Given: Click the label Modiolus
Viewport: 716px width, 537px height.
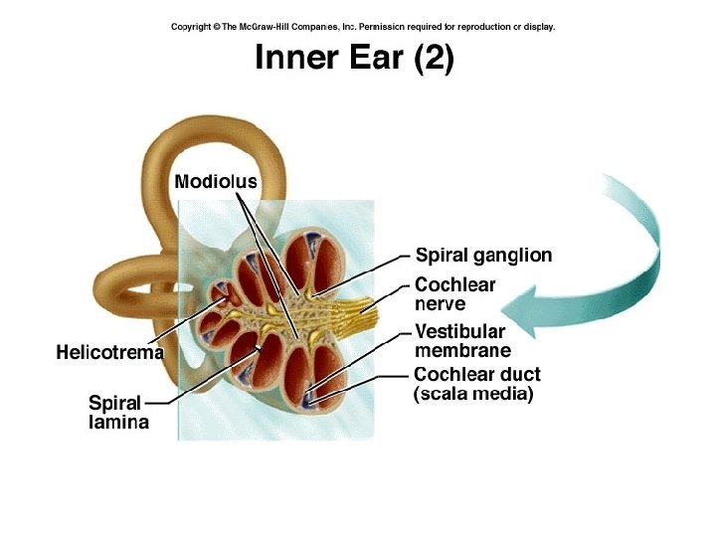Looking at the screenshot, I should [x=216, y=182].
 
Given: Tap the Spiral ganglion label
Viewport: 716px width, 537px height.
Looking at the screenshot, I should [x=483, y=256].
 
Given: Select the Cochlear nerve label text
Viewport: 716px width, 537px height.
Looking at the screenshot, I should [x=454, y=294].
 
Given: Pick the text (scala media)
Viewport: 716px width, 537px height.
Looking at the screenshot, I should [x=473, y=395].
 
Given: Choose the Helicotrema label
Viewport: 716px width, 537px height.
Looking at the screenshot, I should [x=109, y=352].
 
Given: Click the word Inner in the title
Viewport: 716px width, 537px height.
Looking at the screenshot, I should [x=290, y=58].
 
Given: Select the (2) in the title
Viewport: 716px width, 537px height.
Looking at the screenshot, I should [x=434, y=58].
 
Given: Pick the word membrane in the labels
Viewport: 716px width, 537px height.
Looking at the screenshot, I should [x=462, y=351].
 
